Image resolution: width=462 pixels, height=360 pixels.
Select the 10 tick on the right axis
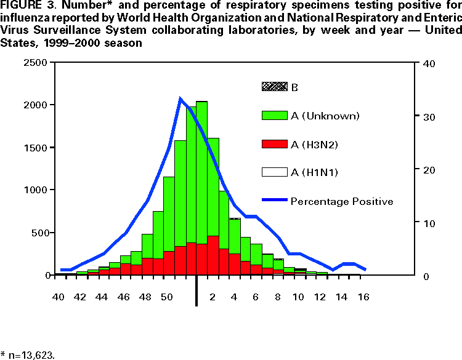pyautogui.click(x=426, y=222)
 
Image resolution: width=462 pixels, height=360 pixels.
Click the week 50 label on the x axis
pyautogui.click(x=166, y=297)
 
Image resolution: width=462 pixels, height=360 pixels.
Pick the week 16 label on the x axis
pyautogui.click(x=363, y=297)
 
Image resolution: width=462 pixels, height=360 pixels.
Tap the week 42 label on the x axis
pyautogui.click(x=80, y=297)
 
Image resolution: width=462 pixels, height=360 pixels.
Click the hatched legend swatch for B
pyautogui.click(x=274, y=87)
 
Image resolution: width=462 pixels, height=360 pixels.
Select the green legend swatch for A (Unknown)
pyautogui.click(x=274, y=115)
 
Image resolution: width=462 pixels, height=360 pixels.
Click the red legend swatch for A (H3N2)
pyautogui.click(x=274, y=144)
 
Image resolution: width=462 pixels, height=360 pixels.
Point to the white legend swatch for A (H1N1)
pyautogui.click(x=274, y=172)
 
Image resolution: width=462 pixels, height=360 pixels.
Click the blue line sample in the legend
pyautogui.click(x=274, y=201)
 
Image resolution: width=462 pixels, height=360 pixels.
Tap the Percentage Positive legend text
pyautogui.click(x=342, y=201)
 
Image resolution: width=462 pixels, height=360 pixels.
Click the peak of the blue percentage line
pyautogui.click(x=180, y=98)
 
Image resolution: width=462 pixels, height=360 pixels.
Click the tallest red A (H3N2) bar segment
pyautogui.click(x=213, y=255)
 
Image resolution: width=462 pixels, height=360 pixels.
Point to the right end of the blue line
pyautogui.click(x=366, y=270)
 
